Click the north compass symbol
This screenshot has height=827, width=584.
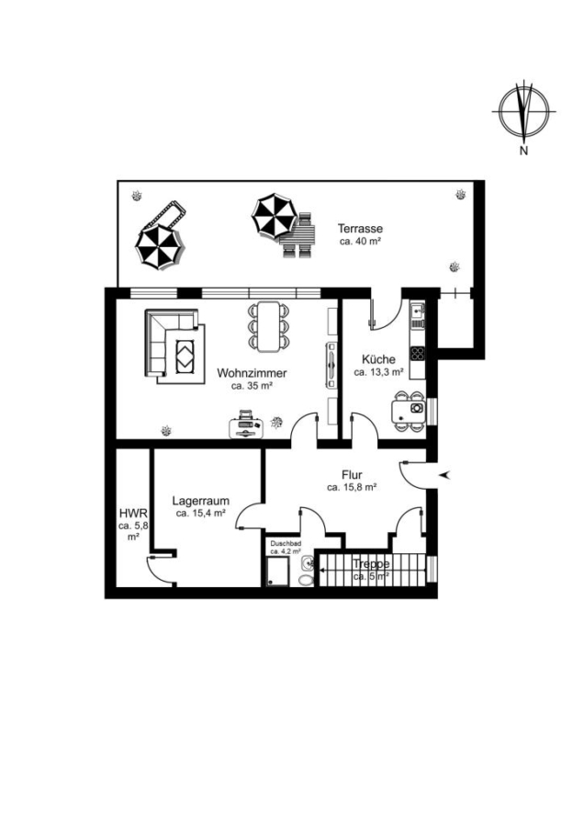click(524, 112)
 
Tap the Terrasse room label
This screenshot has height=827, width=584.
click(361, 229)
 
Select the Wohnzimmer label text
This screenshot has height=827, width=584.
click(252, 373)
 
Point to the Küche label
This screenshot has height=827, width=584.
click(378, 359)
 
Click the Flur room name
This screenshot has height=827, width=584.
click(352, 475)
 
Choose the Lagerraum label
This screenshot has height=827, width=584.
click(201, 501)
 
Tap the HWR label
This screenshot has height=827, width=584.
click(133, 513)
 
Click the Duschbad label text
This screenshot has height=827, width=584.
click(286, 543)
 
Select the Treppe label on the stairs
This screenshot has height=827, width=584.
click(371, 564)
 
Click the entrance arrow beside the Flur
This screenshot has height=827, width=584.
click(446, 475)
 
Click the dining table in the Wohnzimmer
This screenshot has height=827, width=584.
click(269, 326)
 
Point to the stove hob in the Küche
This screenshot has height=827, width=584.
click(418, 352)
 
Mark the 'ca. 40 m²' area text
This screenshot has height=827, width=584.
click(360, 241)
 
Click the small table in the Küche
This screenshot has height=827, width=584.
click(408, 409)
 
